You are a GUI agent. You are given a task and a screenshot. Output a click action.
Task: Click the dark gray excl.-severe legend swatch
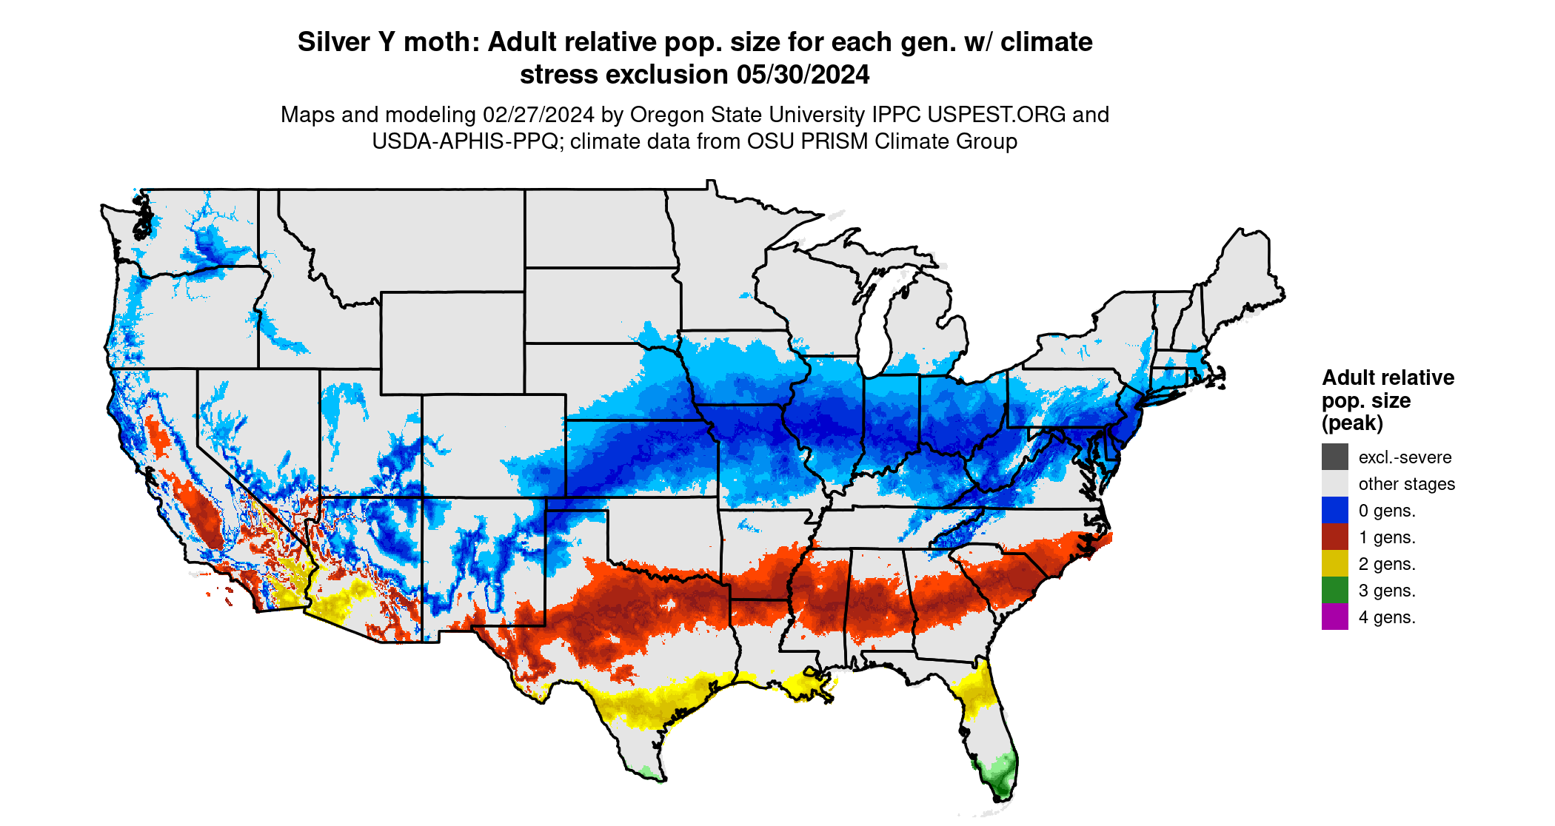pyautogui.click(x=1334, y=457)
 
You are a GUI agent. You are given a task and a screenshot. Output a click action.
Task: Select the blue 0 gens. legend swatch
pyautogui.click(x=1334, y=510)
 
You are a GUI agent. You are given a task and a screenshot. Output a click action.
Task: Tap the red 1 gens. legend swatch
pyautogui.click(x=1334, y=537)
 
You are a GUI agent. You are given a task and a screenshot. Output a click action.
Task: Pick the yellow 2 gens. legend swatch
pyautogui.click(x=1334, y=563)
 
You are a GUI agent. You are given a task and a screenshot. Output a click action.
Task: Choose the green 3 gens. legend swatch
pyautogui.click(x=1334, y=590)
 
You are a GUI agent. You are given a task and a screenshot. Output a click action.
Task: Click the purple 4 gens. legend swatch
pyautogui.click(x=1334, y=617)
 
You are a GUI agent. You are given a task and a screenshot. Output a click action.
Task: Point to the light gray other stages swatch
pyautogui.click(x=1334, y=483)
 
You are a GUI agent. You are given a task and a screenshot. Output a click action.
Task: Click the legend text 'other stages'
pyautogui.click(x=1406, y=484)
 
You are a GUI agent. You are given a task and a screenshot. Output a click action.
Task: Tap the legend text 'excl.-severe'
pyautogui.click(x=1405, y=457)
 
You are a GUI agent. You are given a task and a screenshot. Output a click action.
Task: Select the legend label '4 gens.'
pyautogui.click(x=1387, y=617)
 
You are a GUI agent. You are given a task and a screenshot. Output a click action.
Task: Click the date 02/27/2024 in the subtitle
pyautogui.click(x=538, y=115)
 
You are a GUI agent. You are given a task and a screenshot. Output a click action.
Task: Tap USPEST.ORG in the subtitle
pyautogui.click(x=997, y=115)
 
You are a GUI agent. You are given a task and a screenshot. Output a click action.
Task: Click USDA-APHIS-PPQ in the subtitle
pyautogui.click(x=464, y=141)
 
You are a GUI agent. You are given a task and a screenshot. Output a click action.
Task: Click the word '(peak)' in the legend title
pyautogui.click(x=1352, y=423)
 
